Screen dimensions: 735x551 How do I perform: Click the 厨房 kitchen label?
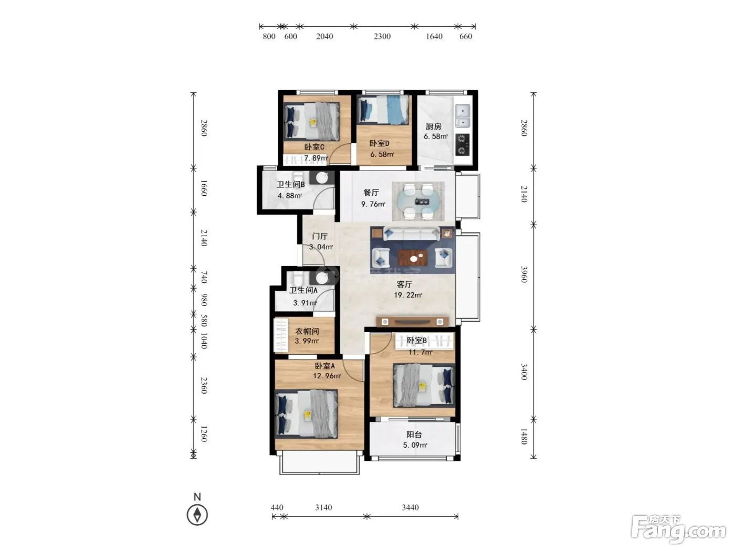tap(433, 126)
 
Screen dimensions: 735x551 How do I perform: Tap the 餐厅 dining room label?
tap(371, 193)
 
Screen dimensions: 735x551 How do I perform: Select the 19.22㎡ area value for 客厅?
tap(407, 295)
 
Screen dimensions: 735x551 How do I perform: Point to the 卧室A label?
tap(325, 366)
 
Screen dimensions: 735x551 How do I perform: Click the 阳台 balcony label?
tap(414, 435)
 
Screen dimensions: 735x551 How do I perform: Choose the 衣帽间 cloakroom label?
tap(307, 331)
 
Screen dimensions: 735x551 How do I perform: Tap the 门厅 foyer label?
tap(319, 236)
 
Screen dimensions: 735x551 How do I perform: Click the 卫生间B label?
tap(291, 184)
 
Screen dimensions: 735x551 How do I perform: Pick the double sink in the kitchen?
tap(463, 115)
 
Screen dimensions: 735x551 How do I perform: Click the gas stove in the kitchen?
tap(462, 145)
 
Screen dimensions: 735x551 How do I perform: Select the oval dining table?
tap(418, 202)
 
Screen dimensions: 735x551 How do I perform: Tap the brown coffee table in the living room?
tap(413, 258)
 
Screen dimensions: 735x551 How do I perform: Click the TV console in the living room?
tap(412, 322)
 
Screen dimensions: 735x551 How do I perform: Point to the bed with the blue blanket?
tap(383, 110)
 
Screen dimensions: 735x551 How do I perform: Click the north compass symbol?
tap(197, 515)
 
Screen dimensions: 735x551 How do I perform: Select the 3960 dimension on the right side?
tap(524, 274)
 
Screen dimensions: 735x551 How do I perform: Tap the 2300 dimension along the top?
tap(382, 36)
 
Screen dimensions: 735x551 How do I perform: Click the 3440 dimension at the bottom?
tap(410, 507)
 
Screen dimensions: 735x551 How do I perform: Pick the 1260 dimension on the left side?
tap(204, 434)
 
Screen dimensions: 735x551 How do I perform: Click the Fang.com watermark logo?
tap(678, 531)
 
